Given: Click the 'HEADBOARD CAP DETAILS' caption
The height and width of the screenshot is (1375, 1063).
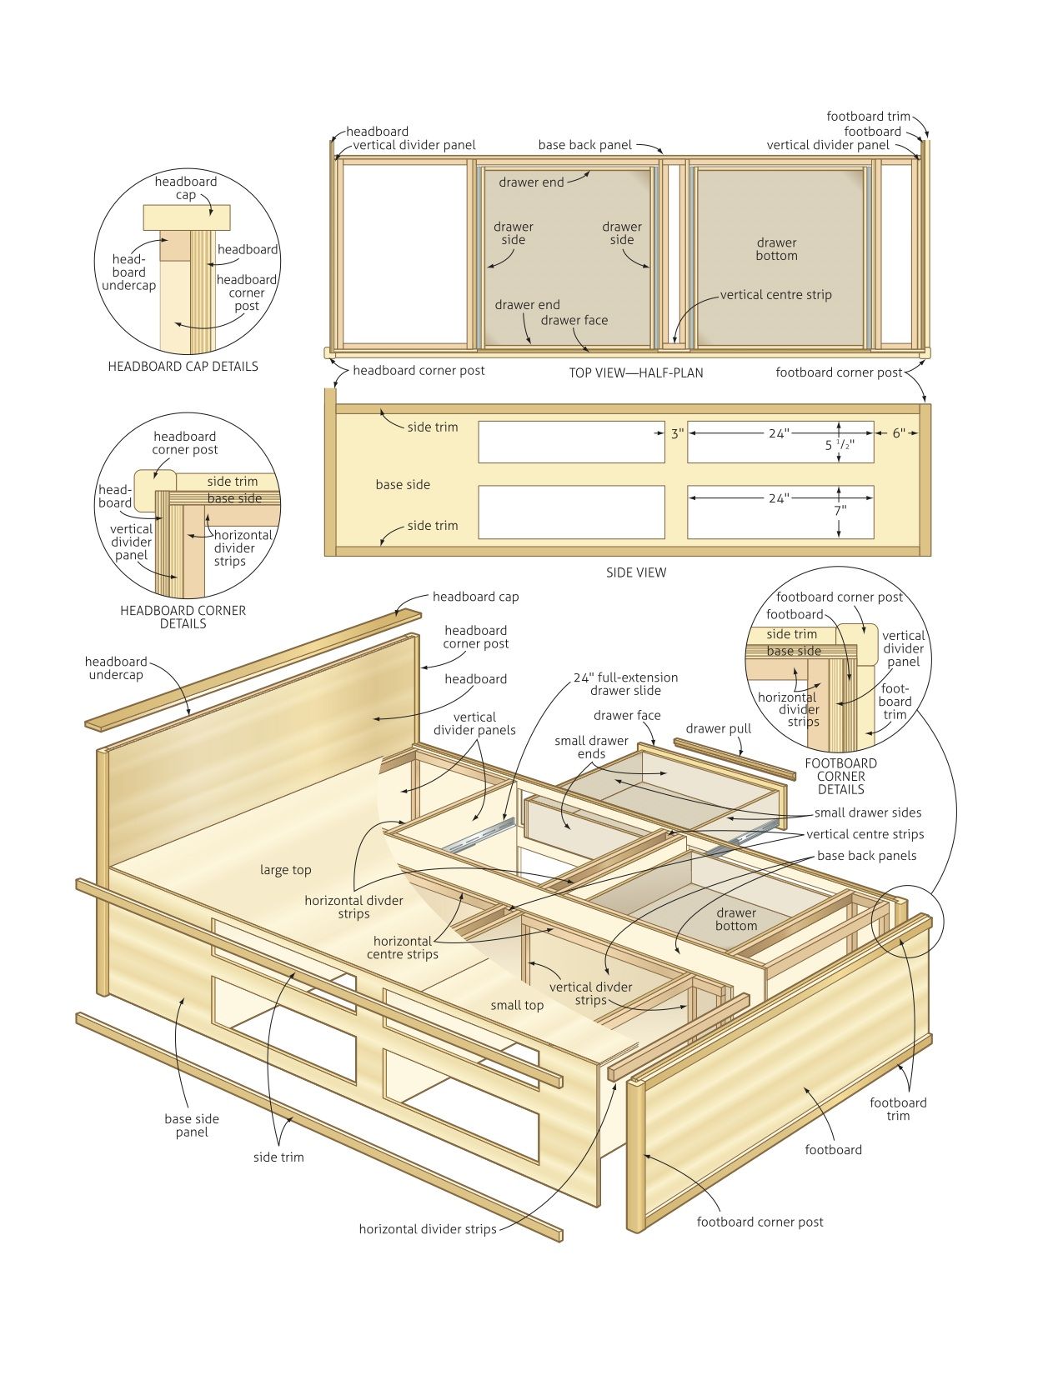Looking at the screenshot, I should click(183, 367).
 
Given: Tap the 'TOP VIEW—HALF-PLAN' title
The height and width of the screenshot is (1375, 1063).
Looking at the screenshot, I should click(635, 372).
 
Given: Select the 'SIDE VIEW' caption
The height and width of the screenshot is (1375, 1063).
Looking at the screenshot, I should click(636, 572).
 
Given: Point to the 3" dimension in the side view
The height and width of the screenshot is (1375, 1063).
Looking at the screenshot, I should click(676, 433).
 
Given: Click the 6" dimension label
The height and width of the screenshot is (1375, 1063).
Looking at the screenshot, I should click(898, 433).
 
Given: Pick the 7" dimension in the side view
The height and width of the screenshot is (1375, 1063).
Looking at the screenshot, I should click(840, 510).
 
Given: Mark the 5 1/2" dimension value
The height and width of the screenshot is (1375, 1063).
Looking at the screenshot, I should click(840, 446).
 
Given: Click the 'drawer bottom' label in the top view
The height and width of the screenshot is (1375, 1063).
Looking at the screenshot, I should click(776, 249).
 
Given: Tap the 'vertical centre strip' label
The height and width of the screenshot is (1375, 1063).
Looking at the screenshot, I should click(775, 295).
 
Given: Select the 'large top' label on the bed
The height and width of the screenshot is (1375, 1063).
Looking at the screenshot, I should click(285, 870).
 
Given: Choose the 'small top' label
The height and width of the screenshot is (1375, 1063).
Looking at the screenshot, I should click(517, 1006).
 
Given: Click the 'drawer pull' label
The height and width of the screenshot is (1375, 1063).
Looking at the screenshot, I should click(718, 728).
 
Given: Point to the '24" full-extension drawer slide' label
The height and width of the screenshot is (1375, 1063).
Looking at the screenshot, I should click(625, 684).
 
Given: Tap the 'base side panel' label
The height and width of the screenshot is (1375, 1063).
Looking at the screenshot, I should click(192, 1125).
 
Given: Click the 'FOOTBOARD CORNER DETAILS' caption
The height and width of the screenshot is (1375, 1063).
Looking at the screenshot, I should click(840, 776).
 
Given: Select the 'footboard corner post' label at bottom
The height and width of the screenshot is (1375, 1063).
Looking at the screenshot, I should click(760, 1222).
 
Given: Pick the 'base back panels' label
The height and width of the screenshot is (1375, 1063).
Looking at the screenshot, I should click(866, 856).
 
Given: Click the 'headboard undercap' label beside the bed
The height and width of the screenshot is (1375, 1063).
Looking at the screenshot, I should click(115, 668).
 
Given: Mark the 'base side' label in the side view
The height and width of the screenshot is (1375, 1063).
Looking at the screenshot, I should click(403, 485).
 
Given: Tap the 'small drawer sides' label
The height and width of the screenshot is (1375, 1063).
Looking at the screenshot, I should click(867, 812).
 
